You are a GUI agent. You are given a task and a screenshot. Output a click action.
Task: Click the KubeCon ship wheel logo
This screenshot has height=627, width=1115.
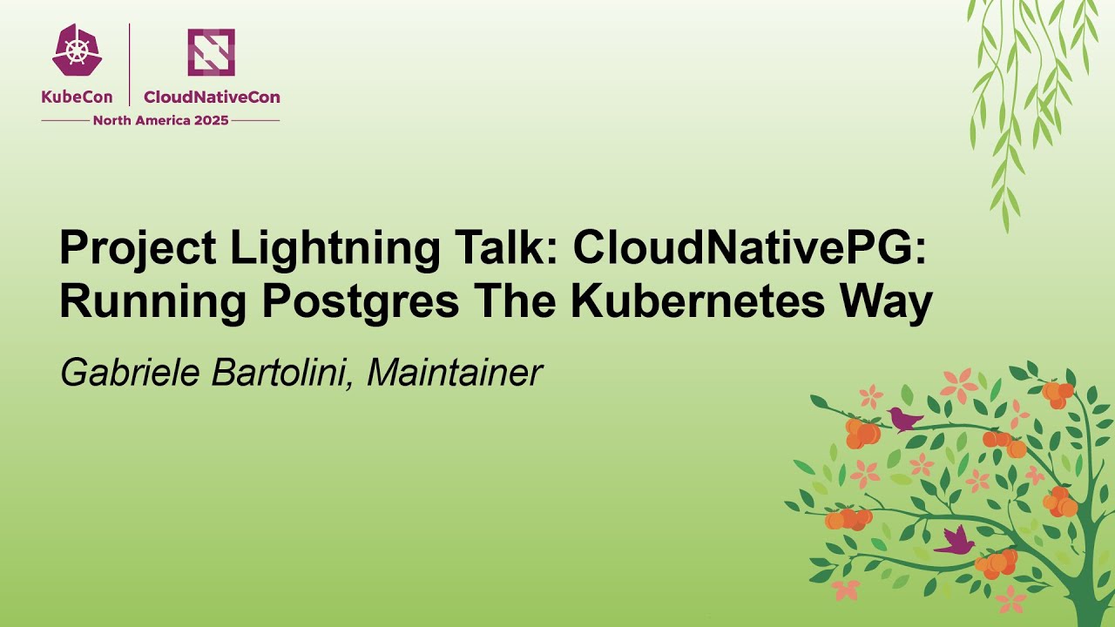coord(76,51)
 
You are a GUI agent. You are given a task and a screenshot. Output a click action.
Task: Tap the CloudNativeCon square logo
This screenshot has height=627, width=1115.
coord(211,51)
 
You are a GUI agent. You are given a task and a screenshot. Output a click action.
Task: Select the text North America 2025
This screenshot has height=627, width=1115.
coord(160,120)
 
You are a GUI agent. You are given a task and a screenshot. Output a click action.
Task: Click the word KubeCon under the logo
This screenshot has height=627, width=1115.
coord(77,98)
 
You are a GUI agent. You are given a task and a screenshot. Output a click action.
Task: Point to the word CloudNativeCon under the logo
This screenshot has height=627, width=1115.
coord(212,98)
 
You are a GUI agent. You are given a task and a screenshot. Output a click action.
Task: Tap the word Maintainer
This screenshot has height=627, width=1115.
coord(455,372)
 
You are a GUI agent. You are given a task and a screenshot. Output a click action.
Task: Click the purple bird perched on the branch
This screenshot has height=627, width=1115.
coord(904,420)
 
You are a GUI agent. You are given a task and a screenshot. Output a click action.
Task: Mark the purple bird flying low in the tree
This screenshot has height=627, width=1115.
coord(956,542)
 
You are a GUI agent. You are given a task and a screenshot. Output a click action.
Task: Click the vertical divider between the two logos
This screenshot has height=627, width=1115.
coord(130,64)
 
